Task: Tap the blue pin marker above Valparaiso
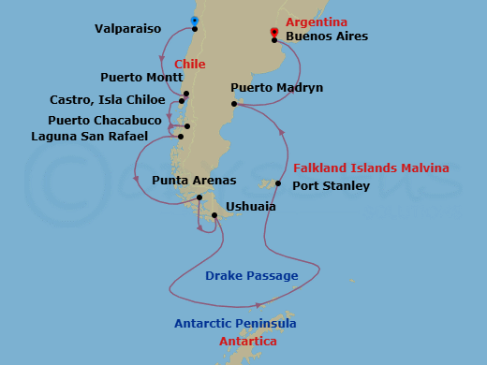195,20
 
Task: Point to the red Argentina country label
317,22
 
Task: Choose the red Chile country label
190,64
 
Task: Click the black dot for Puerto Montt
187,94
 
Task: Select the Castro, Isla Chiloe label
109,100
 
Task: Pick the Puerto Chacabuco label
105,121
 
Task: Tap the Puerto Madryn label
277,88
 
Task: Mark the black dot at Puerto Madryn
235,105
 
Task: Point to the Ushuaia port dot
215,216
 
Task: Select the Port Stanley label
331,186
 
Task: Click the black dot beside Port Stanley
278,183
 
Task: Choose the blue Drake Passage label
252,276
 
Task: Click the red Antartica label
247,342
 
